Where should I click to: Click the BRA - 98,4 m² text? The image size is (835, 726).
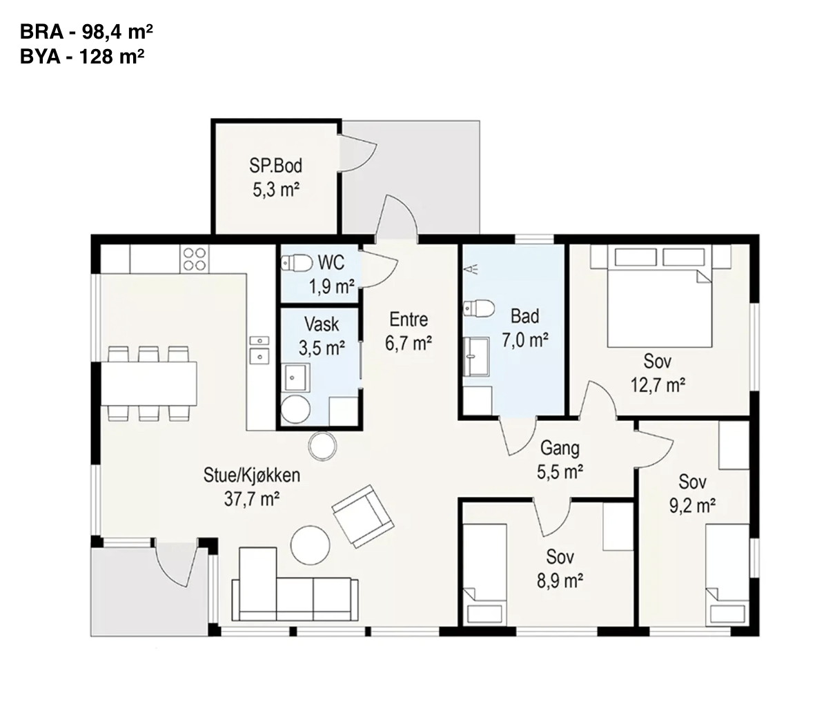point(86,32)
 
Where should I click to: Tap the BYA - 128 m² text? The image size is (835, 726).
point(82,57)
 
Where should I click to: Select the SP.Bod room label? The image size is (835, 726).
point(276,166)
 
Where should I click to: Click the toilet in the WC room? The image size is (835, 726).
point(297,263)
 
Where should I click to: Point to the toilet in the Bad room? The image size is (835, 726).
point(479,308)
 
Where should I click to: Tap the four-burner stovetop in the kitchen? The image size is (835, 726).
point(195,259)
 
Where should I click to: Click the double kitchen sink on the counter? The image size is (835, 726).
point(259,350)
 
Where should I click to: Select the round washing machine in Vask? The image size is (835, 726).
point(295,409)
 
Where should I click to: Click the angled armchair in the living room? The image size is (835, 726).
point(363,516)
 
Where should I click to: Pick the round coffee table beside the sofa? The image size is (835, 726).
point(310,545)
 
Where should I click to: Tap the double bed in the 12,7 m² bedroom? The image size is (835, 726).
point(660,296)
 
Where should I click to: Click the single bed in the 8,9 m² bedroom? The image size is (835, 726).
point(484,575)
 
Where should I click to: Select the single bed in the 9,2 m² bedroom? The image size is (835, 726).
point(727,575)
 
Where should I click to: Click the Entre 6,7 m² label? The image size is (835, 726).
point(409,331)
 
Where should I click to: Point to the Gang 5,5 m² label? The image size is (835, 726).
point(560,460)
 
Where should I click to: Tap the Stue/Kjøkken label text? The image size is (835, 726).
point(252,475)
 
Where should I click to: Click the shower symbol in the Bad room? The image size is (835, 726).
point(471,269)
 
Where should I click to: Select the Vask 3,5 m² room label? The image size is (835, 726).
point(322,336)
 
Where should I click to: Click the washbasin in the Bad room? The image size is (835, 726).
point(476,356)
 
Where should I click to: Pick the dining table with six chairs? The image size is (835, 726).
point(148,384)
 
